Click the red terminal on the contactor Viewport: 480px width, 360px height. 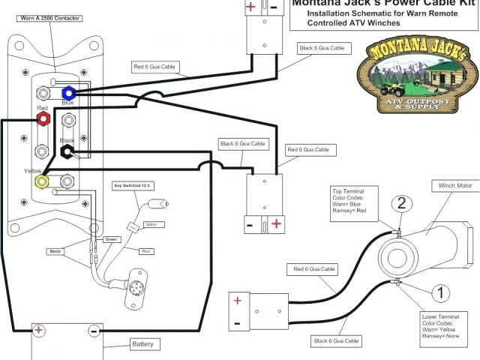coord(44,118)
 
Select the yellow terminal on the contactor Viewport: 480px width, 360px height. coord(44,181)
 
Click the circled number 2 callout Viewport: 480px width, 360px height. coord(401,202)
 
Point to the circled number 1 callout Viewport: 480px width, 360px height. coord(442,292)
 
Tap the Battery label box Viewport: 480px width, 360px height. coord(142,344)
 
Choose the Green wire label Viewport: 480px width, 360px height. coord(111,239)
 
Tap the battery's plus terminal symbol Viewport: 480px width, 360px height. coord(37,330)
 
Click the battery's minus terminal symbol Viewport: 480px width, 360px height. coord(94,330)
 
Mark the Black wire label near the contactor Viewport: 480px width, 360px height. coord(55,251)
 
